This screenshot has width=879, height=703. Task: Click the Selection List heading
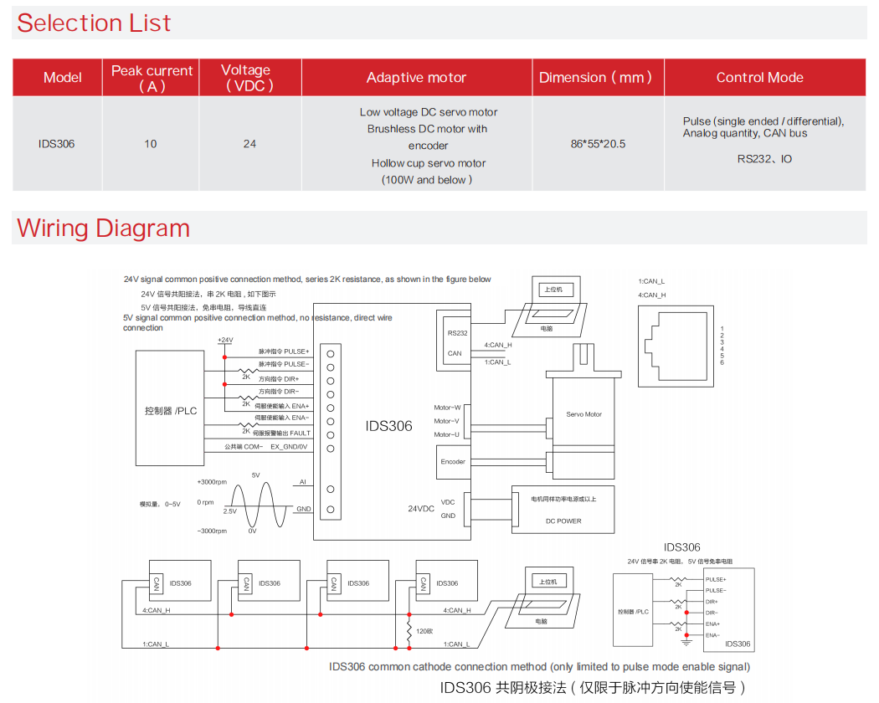pyautogui.click(x=94, y=23)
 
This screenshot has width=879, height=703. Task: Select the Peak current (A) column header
pyautogui.click(x=152, y=78)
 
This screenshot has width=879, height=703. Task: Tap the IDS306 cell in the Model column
pyautogui.click(x=56, y=144)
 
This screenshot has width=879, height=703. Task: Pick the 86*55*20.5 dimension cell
pyautogui.click(x=598, y=144)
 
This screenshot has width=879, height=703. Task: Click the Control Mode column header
pyautogui.click(x=759, y=78)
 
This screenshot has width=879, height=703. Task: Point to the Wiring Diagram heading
pyautogui.click(x=103, y=228)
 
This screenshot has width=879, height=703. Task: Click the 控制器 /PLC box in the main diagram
pyautogui.click(x=171, y=411)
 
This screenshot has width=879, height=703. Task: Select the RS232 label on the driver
pyautogui.click(x=457, y=333)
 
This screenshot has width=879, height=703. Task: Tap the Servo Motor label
pyautogui.click(x=583, y=414)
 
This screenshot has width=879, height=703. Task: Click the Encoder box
pyautogui.click(x=453, y=462)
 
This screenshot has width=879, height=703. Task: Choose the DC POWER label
pyautogui.click(x=563, y=521)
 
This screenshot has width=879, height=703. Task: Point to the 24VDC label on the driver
pyautogui.click(x=421, y=509)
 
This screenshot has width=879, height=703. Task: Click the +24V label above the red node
pyautogui.click(x=224, y=341)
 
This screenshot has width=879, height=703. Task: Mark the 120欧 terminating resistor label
pyautogui.click(x=424, y=630)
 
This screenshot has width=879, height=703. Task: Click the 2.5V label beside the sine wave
pyautogui.click(x=229, y=511)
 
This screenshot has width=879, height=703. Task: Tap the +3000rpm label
pyautogui.click(x=212, y=482)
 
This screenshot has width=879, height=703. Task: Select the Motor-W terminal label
pyautogui.click(x=446, y=408)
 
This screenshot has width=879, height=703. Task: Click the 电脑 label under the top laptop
pyautogui.click(x=546, y=329)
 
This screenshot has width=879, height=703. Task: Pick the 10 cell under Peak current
pyautogui.click(x=151, y=144)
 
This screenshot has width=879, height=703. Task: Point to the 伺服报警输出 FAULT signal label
pyautogui.click(x=283, y=433)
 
